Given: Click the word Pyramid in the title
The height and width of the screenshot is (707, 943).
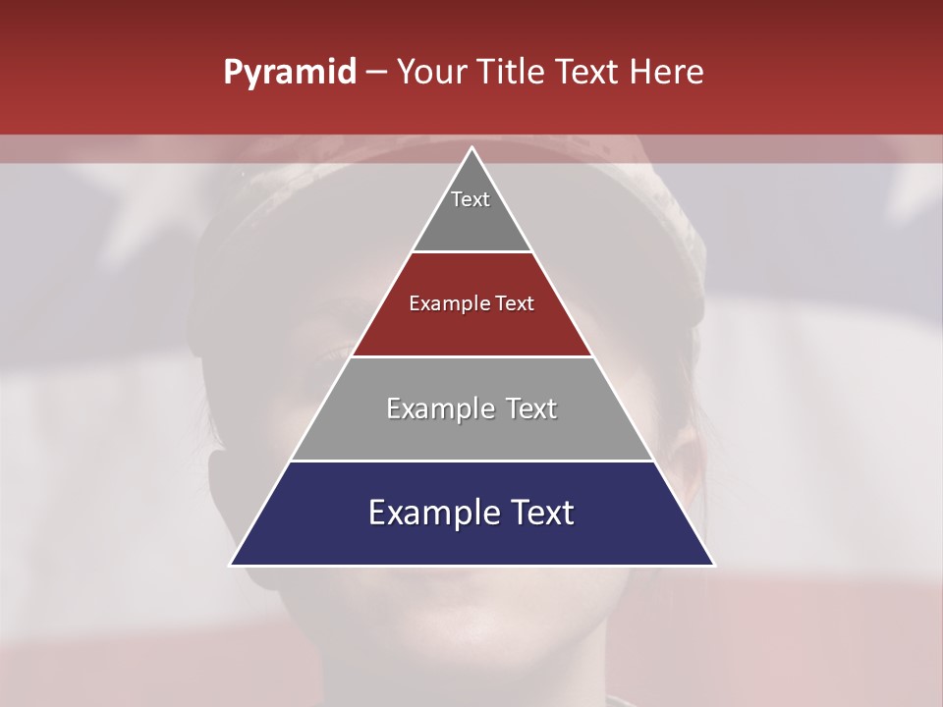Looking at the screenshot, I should coord(290,73).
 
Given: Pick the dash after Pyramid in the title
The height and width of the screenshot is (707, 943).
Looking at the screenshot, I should coord(375,73).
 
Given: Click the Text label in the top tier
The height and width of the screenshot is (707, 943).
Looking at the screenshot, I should coord(471,199).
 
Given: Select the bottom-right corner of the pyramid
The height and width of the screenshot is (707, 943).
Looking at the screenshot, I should coord(713,565).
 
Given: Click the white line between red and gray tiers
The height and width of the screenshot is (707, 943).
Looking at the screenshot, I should coord(472,356).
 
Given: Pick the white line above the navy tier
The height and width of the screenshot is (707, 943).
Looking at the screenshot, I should coord(472,461).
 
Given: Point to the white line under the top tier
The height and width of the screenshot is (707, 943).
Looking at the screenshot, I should coord(472,251).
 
